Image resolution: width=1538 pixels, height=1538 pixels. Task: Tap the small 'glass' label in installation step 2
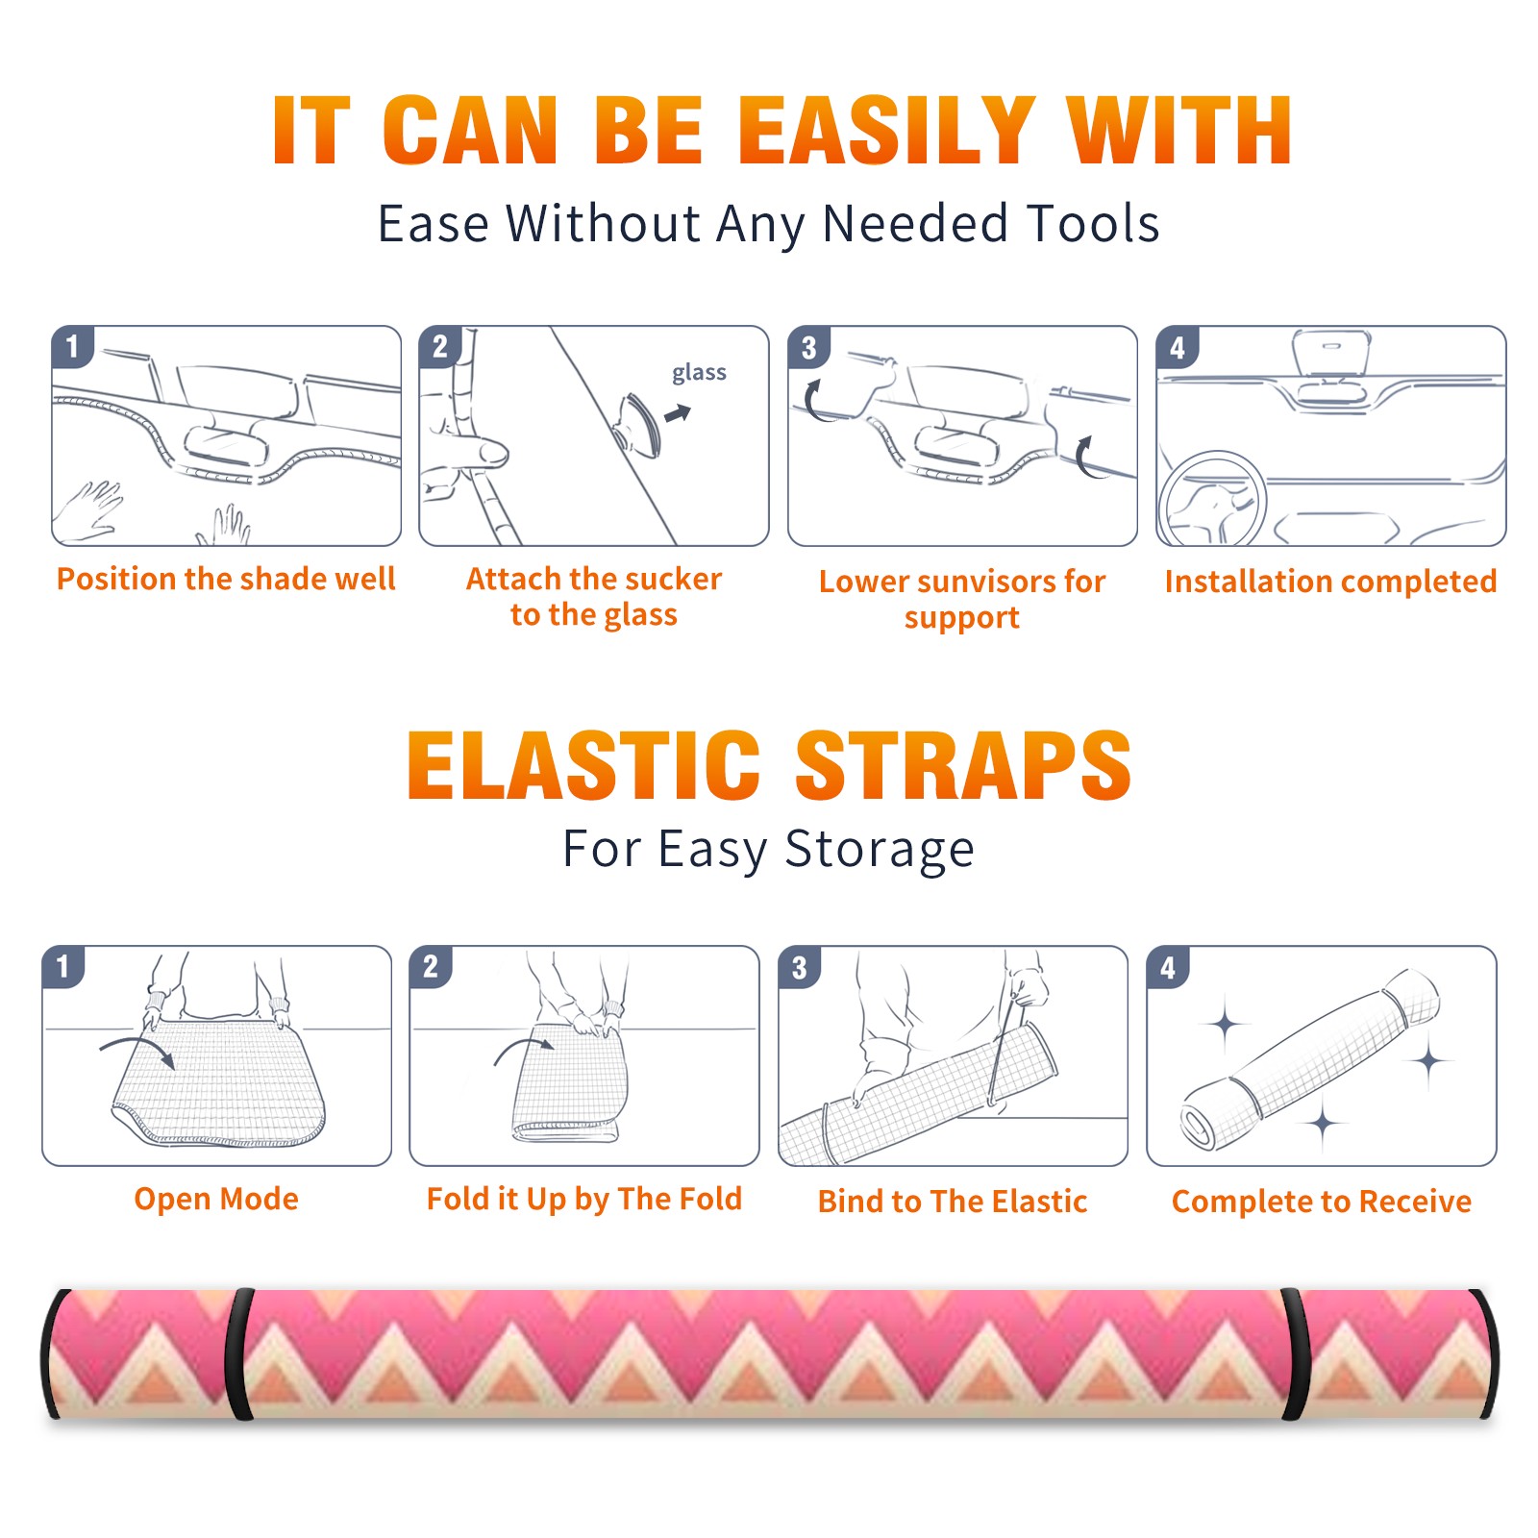click(x=699, y=373)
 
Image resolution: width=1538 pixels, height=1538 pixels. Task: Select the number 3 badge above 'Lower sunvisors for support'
click(x=809, y=347)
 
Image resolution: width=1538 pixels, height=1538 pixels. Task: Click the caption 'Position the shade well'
click(x=226, y=579)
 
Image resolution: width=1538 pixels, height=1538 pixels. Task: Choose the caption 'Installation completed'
click(x=1330, y=582)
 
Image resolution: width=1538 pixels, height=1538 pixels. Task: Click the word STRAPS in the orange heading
click(x=963, y=765)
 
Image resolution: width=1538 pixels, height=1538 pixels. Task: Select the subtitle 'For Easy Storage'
click(x=769, y=850)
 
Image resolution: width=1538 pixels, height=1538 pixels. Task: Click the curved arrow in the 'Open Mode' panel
click(x=137, y=1047)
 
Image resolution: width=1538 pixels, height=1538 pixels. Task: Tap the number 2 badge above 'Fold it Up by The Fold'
click(x=431, y=966)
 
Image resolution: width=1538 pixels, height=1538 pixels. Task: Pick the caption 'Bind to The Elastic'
click(x=953, y=1202)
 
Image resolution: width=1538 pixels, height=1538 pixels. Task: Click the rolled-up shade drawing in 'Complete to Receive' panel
click(x=1311, y=1059)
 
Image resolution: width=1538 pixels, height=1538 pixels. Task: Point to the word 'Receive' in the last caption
click(x=1415, y=1202)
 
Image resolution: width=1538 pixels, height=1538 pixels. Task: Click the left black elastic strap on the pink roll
click(x=239, y=1353)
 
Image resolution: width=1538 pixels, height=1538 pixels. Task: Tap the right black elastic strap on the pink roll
click(x=1296, y=1353)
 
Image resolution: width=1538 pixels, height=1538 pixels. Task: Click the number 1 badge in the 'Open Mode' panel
click(x=63, y=966)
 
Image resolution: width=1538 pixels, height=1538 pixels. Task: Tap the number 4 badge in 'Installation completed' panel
click(x=1178, y=347)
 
